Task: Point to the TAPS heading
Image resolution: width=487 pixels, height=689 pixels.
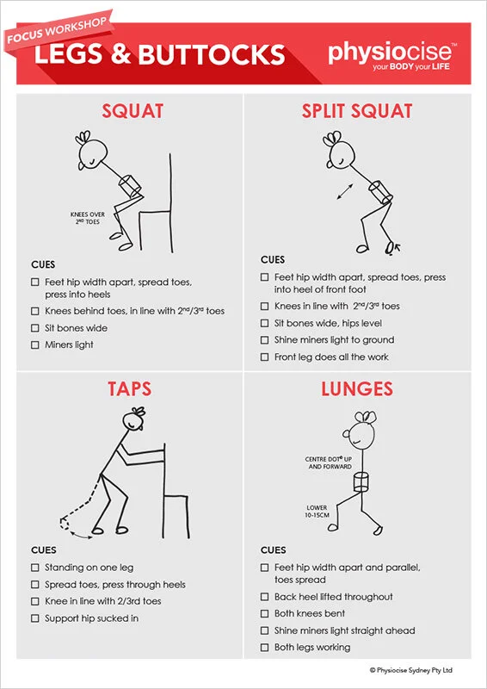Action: [x=130, y=388]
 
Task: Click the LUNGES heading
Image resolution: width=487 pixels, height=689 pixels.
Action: [x=357, y=388]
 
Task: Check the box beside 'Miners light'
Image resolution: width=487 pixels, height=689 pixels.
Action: [x=35, y=345]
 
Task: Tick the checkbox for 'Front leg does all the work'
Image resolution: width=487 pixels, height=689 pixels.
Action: [x=264, y=357]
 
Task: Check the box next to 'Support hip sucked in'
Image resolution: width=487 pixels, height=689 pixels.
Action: [x=35, y=618]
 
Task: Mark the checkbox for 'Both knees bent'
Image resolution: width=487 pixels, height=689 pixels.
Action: [x=264, y=614]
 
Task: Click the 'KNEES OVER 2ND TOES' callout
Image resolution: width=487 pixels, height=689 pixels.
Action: [x=87, y=217]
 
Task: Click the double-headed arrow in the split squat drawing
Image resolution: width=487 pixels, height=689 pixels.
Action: [x=344, y=191]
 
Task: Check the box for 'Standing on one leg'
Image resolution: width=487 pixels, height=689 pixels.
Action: [x=35, y=568]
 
